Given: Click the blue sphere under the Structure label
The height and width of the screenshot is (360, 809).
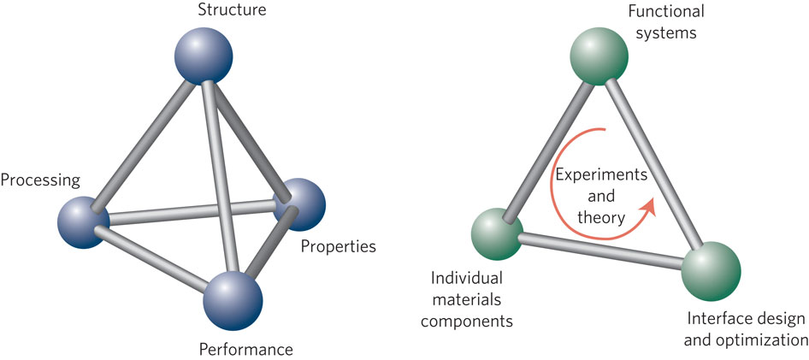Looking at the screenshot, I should coord(203,57).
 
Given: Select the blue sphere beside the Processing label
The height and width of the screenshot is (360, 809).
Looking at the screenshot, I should coord(84,221).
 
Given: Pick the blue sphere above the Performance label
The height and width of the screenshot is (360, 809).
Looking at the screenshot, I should coord(233,298).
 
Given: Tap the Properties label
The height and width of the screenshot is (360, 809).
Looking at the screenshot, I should coord(338,247).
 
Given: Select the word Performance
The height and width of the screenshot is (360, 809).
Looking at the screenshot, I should coord(245,349).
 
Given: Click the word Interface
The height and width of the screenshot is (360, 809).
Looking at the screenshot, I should coord(717,320).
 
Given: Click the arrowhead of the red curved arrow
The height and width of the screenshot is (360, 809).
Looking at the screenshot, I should coord(649,206).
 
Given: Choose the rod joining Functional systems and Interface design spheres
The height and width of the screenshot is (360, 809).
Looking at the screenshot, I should coord(653,162).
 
